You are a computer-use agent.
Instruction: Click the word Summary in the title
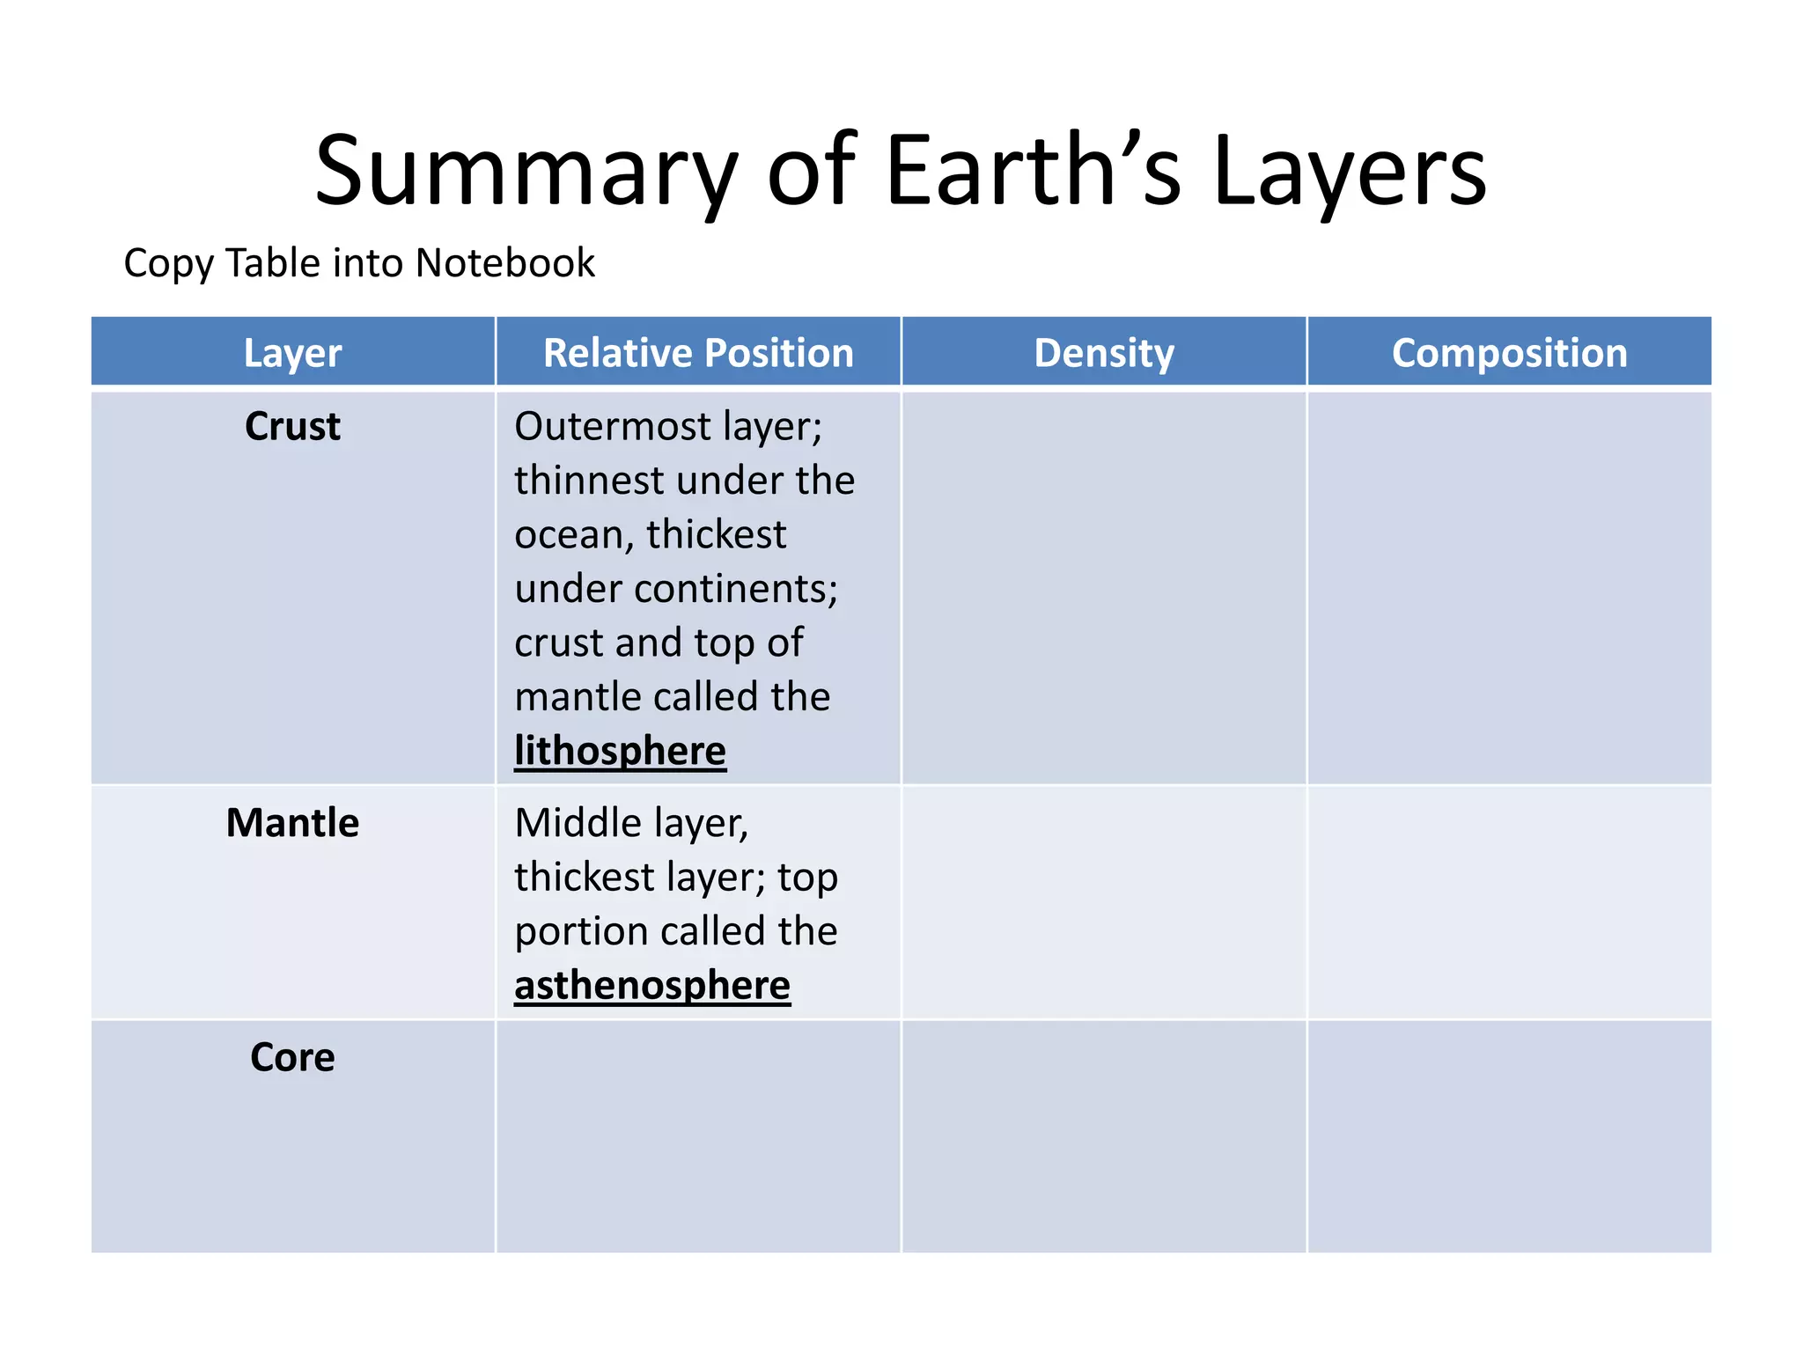click(525, 172)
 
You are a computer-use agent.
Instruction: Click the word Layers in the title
click(1349, 172)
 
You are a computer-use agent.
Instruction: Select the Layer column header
click(292, 353)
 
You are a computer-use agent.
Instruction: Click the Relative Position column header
click(698, 353)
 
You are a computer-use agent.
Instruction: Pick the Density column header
click(1103, 353)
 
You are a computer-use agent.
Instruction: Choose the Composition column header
click(1509, 353)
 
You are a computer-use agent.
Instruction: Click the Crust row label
click(292, 427)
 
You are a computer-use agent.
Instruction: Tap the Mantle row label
click(292, 823)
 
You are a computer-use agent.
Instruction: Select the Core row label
click(292, 1057)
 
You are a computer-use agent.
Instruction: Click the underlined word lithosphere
click(620, 751)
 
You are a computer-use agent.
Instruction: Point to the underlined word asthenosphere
click(651, 985)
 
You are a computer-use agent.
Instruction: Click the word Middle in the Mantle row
click(578, 823)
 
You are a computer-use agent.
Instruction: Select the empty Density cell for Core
click(1103, 1136)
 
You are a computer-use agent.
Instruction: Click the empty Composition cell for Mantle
click(1509, 902)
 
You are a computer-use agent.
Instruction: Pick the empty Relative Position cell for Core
click(698, 1136)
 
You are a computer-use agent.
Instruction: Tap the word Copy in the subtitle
click(167, 263)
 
